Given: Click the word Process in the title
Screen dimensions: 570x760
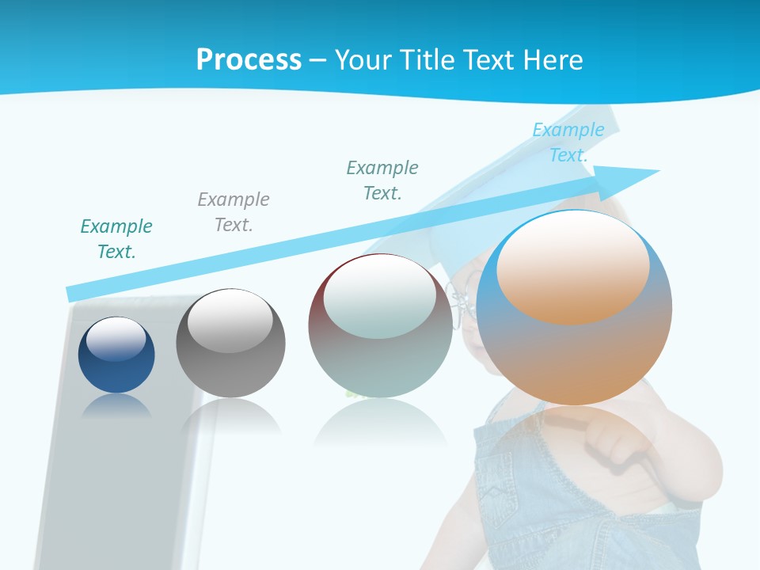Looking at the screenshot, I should [x=249, y=59].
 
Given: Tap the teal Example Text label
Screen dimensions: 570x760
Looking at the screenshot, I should [x=116, y=239].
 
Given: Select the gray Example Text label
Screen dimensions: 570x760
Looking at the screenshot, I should [x=234, y=212].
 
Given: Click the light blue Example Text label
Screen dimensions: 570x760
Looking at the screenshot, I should [x=568, y=142].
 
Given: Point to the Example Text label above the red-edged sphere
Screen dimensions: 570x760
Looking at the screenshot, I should [x=382, y=180].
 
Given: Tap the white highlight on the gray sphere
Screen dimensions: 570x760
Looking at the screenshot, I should [x=230, y=321].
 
